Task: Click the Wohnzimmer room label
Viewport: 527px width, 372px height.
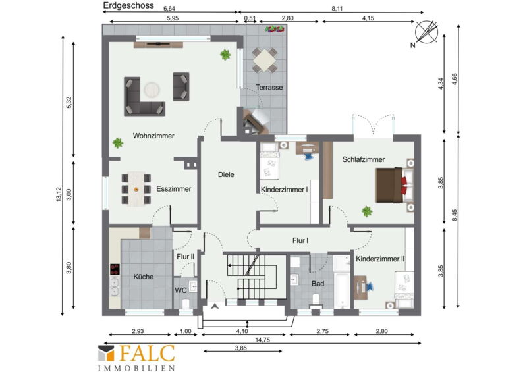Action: point(153,136)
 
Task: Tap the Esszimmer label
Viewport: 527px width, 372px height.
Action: point(174,189)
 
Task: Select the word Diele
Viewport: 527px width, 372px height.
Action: point(226,174)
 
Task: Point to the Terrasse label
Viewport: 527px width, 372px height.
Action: point(269,88)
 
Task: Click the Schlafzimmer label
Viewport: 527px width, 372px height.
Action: point(364,159)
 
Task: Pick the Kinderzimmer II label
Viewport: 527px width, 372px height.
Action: point(380,259)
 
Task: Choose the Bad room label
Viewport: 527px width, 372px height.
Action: point(318,284)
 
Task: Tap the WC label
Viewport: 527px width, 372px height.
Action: point(180,290)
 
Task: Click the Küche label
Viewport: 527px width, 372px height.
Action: point(144,277)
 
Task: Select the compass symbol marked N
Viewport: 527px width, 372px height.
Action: point(426,33)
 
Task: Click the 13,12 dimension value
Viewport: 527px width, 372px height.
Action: point(59,194)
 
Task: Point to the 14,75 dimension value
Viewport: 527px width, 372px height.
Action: point(262,340)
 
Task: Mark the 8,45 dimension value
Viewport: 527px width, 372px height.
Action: point(455,215)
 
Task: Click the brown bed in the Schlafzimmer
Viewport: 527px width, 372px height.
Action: point(391,185)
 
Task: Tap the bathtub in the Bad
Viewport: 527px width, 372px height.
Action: point(342,282)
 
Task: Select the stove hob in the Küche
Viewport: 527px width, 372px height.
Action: point(115,269)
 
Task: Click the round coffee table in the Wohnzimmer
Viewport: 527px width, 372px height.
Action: point(152,90)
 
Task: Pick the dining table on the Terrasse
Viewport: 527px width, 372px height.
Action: point(265,61)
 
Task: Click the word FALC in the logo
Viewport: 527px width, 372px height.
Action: point(146,354)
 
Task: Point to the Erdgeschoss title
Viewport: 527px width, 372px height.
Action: point(128,5)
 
